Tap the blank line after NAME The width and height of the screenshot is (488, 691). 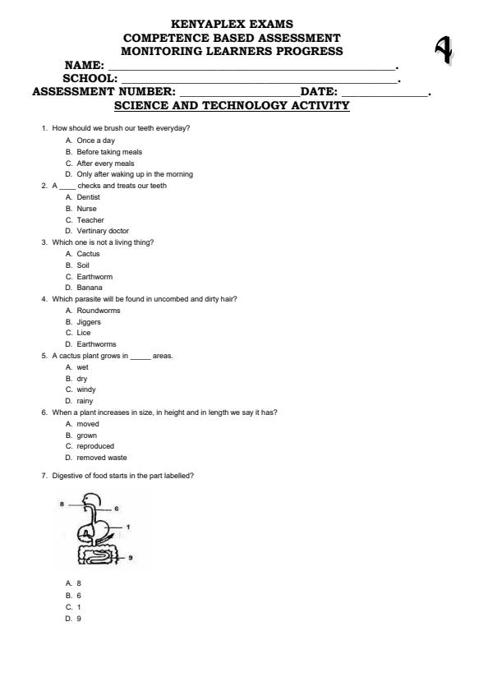click(251, 66)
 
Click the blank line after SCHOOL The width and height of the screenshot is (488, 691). click(259, 80)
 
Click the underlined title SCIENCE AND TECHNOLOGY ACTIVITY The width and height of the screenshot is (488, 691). click(232, 106)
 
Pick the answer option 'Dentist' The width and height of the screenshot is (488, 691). click(88, 197)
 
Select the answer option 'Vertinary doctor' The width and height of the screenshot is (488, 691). click(103, 231)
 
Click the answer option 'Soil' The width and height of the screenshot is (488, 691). click(83, 265)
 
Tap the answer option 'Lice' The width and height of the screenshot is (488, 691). click(83, 333)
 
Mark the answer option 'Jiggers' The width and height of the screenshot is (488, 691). click(89, 322)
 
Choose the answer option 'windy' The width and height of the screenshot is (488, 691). click(86, 389)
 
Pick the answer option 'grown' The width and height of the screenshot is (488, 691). click(86, 435)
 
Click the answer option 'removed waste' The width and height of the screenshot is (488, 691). click(102, 458)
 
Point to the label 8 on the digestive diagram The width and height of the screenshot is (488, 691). click(62, 502)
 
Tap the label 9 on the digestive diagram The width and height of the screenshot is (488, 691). click(131, 557)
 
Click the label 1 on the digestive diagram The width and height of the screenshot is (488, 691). click(129, 526)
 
